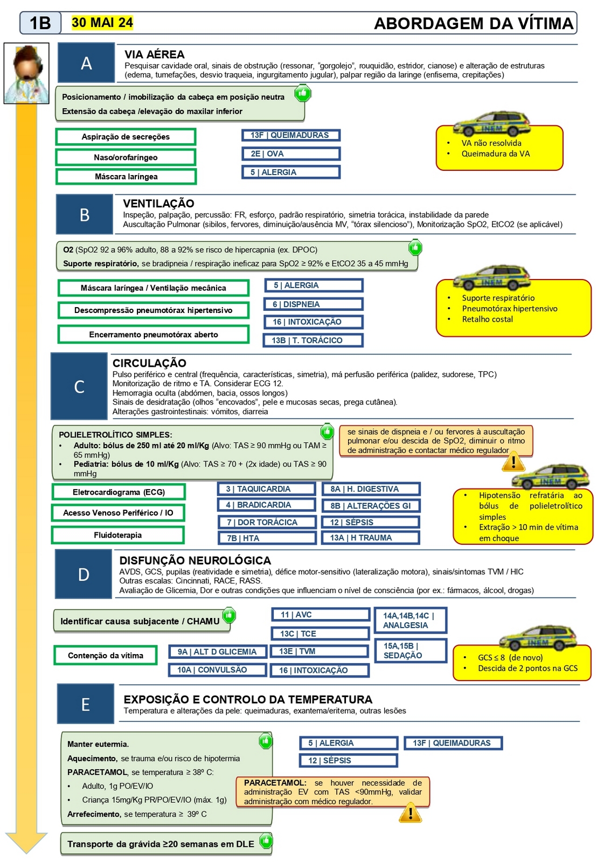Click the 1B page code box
tap(40, 23)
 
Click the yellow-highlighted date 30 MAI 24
tap(102, 23)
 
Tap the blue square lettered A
tap(86, 63)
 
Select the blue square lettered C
tap(79, 386)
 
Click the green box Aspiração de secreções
tap(126, 137)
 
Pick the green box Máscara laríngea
tap(126, 177)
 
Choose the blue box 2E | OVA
tap(291, 154)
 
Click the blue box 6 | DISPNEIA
tap(314, 304)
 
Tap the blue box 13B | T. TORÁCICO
tap(314, 340)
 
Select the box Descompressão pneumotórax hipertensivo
tap(154, 310)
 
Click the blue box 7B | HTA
tap(267, 538)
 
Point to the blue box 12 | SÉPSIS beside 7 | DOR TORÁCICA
tap(371, 522)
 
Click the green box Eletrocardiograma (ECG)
tap(119, 492)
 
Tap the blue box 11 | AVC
tap(320, 615)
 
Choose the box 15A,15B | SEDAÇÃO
tap(411, 650)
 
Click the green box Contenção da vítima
tap(106, 656)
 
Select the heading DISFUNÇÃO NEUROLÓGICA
tap(195, 560)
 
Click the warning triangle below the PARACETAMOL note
tap(410, 813)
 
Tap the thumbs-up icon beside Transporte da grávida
tap(266, 840)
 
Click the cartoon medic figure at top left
tap(26, 73)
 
